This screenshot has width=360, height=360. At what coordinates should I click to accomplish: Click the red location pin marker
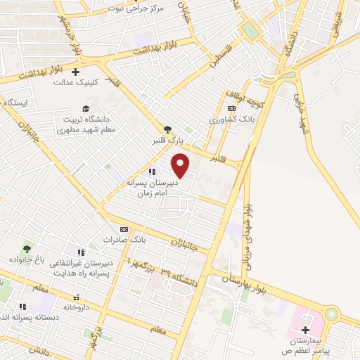(x=181, y=166)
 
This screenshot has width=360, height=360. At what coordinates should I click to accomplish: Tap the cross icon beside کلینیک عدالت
(x=76, y=71)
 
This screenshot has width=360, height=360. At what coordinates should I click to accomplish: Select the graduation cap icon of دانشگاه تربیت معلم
(x=86, y=108)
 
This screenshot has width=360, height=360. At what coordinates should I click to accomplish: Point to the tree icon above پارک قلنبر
(x=167, y=129)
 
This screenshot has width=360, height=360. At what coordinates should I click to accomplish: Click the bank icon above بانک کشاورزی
(x=231, y=108)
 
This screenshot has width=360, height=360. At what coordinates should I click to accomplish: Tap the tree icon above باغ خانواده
(x=27, y=249)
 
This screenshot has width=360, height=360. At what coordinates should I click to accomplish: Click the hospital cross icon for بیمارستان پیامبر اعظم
(x=305, y=330)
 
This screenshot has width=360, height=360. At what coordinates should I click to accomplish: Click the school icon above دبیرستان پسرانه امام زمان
(x=151, y=171)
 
